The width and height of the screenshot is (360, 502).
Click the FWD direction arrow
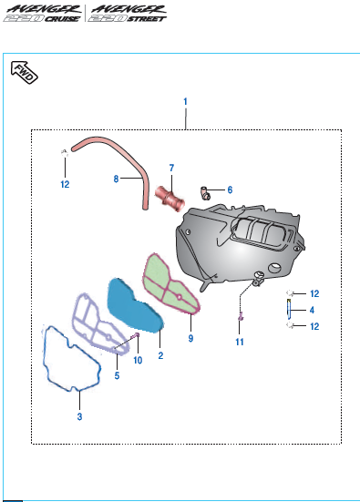pyautogui.click(x=24, y=72)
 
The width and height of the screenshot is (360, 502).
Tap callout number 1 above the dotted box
pyautogui.click(x=185, y=102)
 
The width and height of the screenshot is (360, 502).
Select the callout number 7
pyautogui.click(x=171, y=168)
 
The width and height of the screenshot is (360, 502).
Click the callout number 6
pyautogui.click(x=230, y=190)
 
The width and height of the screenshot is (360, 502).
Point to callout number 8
pyautogui.click(x=116, y=179)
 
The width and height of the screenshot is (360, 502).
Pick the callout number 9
pyautogui.click(x=190, y=338)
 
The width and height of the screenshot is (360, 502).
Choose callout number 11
pyautogui.click(x=240, y=342)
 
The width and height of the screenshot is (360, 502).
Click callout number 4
pyautogui.click(x=312, y=310)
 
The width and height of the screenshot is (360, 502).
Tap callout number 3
pyautogui.click(x=79, y=416)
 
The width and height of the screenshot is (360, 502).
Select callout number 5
pyautogui.click(x=117, y=375)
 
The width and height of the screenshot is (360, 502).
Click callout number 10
pyautogui.click(x=138, y=361)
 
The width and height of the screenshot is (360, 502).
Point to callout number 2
pyautogui.click(x=160, y=355)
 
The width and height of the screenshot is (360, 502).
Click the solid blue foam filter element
pyautogui.click(x=135, y=306)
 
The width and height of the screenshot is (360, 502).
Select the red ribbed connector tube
pyautogui.click(x=170, y=199)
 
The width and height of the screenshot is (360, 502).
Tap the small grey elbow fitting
pyautogui.click(x=205, y=193)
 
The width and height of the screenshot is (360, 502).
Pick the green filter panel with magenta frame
pyautogui.click(x=170, y=283)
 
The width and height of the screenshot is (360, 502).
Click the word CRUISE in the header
pyautogui.click(x=62, y=19)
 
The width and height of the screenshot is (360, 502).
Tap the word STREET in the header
pyautogui.click(x=147, y=19)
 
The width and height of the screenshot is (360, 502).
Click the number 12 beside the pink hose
pyautogui.click(x=65, y=184)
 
